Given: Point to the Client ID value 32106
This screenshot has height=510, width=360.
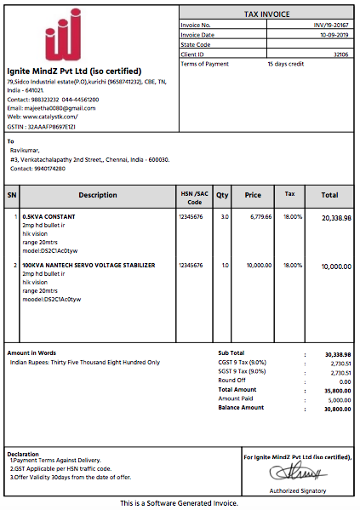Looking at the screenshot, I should tap(341, 54).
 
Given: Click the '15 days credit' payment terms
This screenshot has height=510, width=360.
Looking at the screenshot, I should tap(287, 64).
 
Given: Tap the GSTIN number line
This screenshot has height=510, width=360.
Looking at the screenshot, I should tap(42, 125).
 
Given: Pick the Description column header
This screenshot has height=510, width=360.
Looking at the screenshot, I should tap(98, 195).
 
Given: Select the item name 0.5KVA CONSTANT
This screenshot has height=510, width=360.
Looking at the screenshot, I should tap(49, 217).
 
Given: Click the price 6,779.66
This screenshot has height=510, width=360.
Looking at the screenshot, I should tap(260, 217).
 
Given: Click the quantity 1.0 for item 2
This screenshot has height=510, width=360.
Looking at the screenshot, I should tap(225, 266).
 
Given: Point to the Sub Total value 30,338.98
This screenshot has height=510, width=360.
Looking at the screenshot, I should tap(338, 353).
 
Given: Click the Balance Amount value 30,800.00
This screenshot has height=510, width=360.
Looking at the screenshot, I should tap(338, 408).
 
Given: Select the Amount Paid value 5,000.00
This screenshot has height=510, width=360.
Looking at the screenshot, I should tap(340, 398).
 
